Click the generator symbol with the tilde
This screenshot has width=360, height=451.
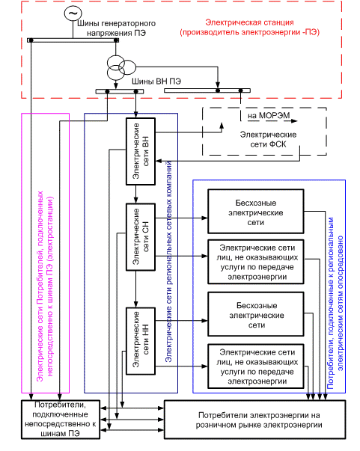(x=73, y=13)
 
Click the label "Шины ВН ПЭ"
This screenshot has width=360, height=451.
(x=156, y=82)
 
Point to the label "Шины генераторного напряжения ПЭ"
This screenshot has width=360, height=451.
(x=116, y=28)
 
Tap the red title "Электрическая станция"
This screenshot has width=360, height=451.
(x=249, y=22)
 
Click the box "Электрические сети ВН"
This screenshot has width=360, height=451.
(x=141, y=151)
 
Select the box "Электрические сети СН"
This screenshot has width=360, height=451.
(x=141, y=236)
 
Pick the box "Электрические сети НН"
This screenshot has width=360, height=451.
(x=141, y=341)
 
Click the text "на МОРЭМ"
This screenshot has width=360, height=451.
(x=269, y=116)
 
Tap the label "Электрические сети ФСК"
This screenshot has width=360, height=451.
(x=268, y=140)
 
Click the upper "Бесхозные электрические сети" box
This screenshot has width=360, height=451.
(x=256, y=212)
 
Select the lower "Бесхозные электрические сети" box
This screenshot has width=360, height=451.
(x=256, y=314)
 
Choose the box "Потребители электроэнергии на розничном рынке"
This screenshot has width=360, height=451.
(x=255, y=420)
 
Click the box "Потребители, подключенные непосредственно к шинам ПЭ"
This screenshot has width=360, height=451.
(x=61, y=420)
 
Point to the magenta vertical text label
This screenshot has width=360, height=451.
(x=45, y=286)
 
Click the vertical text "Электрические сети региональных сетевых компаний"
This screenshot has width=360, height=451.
(x=168, y=261)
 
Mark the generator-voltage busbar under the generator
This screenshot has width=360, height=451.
(x=73, y=40)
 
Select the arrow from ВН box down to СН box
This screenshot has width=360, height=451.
(x=136, y=194)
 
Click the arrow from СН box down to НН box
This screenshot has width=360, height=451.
(x=136, y=289)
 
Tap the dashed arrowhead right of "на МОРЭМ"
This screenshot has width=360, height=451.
(x=294, y=121)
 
